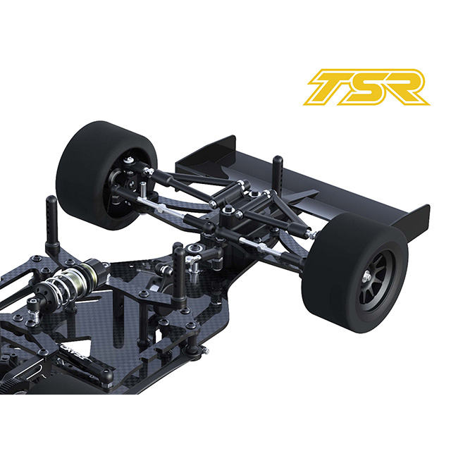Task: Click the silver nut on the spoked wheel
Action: coord(368,276)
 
